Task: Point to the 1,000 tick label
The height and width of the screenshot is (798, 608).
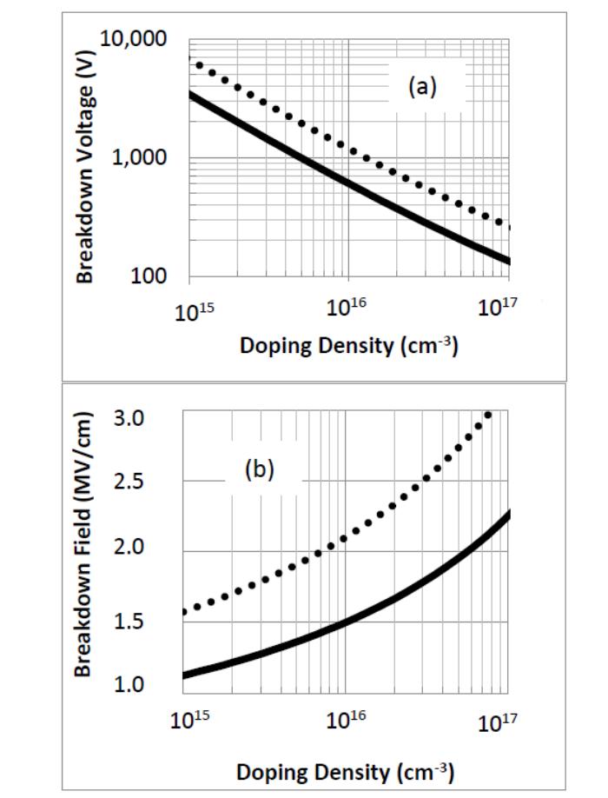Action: coord(139,157)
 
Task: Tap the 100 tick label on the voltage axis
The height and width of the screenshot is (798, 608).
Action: coord(149,276)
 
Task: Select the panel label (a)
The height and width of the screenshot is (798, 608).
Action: coord(422,87)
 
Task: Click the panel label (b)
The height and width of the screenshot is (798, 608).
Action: coord(259,469)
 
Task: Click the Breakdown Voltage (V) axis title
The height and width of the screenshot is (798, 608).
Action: coord(85,168)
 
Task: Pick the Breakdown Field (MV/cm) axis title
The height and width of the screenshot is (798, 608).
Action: coord(83,543)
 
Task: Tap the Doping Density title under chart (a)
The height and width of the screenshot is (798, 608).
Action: coord(349,346)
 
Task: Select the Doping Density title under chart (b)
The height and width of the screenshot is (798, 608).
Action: coord(345,772)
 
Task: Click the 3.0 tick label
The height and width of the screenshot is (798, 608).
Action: coord(129,418)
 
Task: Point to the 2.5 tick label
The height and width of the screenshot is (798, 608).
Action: coord(129,482)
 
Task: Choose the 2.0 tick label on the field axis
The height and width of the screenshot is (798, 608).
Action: coord(129,547)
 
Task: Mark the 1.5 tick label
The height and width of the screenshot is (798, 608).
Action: coord(129,621)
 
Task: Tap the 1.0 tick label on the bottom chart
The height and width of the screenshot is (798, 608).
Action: coord(129,684)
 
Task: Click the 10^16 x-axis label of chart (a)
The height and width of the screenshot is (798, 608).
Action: coord(347,308)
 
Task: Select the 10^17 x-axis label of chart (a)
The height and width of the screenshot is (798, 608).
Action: coord(498,307)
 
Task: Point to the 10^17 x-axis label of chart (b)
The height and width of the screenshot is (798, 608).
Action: coord(499,722)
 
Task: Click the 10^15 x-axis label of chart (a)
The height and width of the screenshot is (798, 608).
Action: coord(195,311)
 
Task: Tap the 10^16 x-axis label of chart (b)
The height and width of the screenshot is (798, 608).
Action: coord(347,720)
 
